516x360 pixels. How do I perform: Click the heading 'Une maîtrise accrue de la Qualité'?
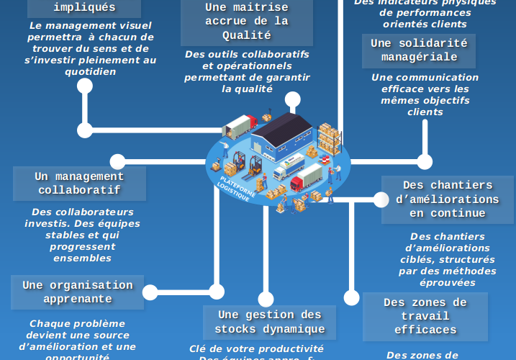pyautogui.click(x=246, y=21)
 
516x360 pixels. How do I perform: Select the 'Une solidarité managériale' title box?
pyautogui.click(x=418, y=50)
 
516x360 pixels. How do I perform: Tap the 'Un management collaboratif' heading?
pyautogui.click(x=79, y=184)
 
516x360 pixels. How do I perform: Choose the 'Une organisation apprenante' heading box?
pyautogui.click(x=77, y=292)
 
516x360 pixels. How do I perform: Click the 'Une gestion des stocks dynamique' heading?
pyautogui.click(x=269, y=322)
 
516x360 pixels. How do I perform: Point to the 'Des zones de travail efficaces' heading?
pyautogui.click(x=425, y=316)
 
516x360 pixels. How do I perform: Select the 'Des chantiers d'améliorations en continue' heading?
pyautogui.click(x=447, y=199)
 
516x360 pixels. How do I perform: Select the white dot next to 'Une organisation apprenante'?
pyautogui.click(x=150, y=292)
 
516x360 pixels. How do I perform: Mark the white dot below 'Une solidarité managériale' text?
pyautogui.click(x=425, y=161)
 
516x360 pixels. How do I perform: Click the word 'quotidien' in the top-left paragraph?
pyautogui.click(x=90, y=72)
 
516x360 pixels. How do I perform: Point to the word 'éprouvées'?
pyautogui.click(x=447, y=282)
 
